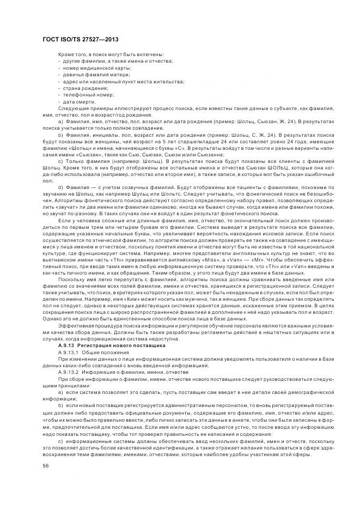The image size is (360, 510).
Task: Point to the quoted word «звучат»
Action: coord(56,207)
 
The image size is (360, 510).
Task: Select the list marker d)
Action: coord(60,187)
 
